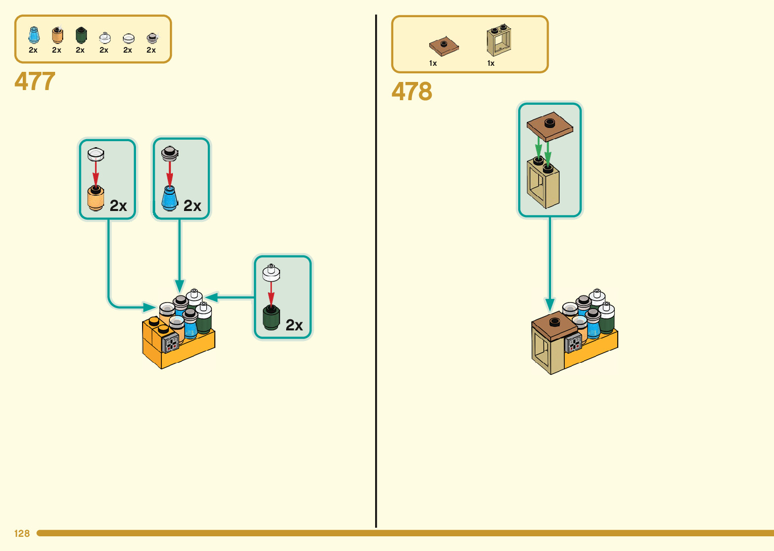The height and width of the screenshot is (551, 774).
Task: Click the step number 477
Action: pyautogui.click(x=35, y=81)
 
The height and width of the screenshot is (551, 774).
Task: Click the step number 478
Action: pyautogui.click(x=412, y=92)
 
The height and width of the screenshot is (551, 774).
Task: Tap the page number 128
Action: pyautogui.click(x=22, y=533)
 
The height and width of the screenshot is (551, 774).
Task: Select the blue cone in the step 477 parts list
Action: pyautogui.click(x=34, y=35)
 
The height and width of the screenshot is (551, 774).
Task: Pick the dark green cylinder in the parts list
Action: pyautogui.click(x=81, y=35)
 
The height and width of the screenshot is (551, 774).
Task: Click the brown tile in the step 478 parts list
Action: pyautogui.click(x=444, y=47)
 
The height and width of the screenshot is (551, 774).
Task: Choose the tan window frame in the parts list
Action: pyautogui.click(x=499, y=40)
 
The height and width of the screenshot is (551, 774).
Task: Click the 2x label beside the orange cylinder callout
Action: pyautogui.click(x=118, y=206)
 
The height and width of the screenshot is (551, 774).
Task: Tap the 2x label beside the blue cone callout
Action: pyautogui.click(x=192, y=206)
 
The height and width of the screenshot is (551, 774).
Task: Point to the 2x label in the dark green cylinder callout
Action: pyautogui.click(x=294, y=325)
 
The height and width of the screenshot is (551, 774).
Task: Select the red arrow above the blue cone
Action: pyautogui.click(x=170, y=174)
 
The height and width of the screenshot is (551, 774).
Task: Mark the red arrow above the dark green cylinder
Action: pyautogui.click(x=271, y=293)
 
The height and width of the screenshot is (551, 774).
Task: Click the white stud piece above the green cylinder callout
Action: pyautogui.click(x=271, y=273)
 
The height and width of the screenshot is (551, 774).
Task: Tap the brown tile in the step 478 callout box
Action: pyautogui.click(x=550, y=125)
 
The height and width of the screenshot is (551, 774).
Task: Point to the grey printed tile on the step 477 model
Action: pyautogui.click(x=170, y=343)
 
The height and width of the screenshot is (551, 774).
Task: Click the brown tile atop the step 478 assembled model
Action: pyautogui.click(x=555, y=323)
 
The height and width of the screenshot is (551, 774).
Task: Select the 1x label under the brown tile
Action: pyautogui.click(x=433, y=63)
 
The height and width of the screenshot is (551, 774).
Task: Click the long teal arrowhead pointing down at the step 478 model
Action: pyautogui.click(x=550, y=305)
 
